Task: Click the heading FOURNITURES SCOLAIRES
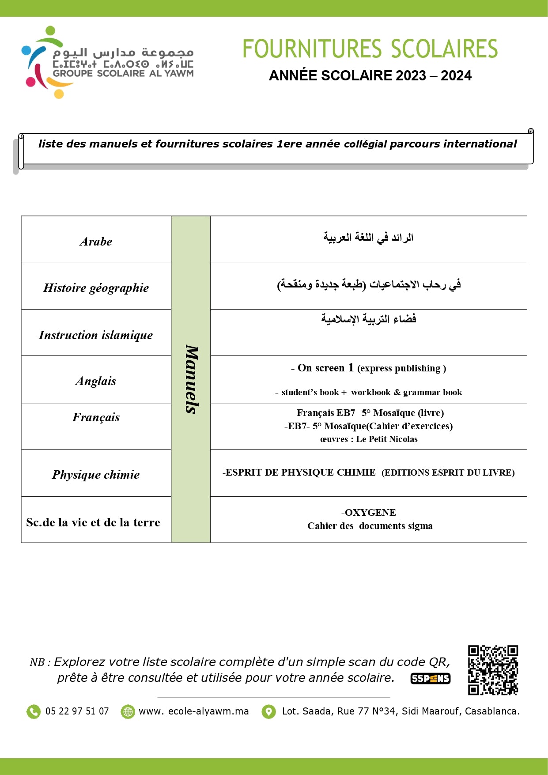coord(370,49)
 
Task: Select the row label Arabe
coord(96,242)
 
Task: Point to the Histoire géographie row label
coord(96,288)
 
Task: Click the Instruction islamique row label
coord(96,335)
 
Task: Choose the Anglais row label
coord(96,381)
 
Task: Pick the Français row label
coord(96,417)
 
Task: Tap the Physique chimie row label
coord(96,475)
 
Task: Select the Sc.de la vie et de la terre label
coord(93,522)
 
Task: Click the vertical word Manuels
coord(191,379)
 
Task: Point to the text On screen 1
coord(325,368)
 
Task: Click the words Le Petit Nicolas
coord(387,439)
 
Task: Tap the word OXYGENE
coord(370,513)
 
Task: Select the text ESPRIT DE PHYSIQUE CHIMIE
coord(300,473)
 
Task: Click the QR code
coord(493,670)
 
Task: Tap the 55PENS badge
coord(431,679)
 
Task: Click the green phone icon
coord(34,711)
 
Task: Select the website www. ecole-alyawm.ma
coord(193,711)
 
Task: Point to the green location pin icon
coord(268,711)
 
